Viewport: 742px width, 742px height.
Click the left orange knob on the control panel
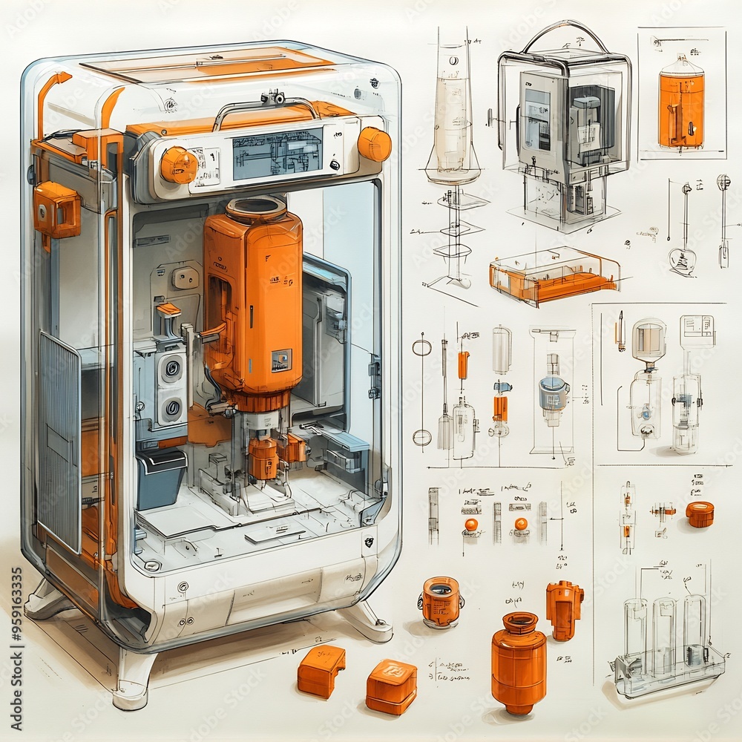pyautogui.click(x=178, y=165)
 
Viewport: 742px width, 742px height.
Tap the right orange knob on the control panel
pyautogui.click(x=375, y=144)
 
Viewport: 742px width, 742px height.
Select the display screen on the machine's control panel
pyautogui.click(x=278, y=154)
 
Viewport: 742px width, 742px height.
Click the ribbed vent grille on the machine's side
pyautogui.click(x=59, y=441)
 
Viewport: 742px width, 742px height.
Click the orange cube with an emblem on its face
pyautogui.click(x=391, y=686)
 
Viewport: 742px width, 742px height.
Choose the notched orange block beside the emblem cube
pyautogui.click(x=321, y=669)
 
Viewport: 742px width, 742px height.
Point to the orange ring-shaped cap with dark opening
pyautogui.click(x=441, y=601)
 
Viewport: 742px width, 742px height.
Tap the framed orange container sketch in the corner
pyautogui.click(x=681, y=104)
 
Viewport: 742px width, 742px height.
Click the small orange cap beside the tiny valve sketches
pyautogui.click(x=699, y=513)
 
